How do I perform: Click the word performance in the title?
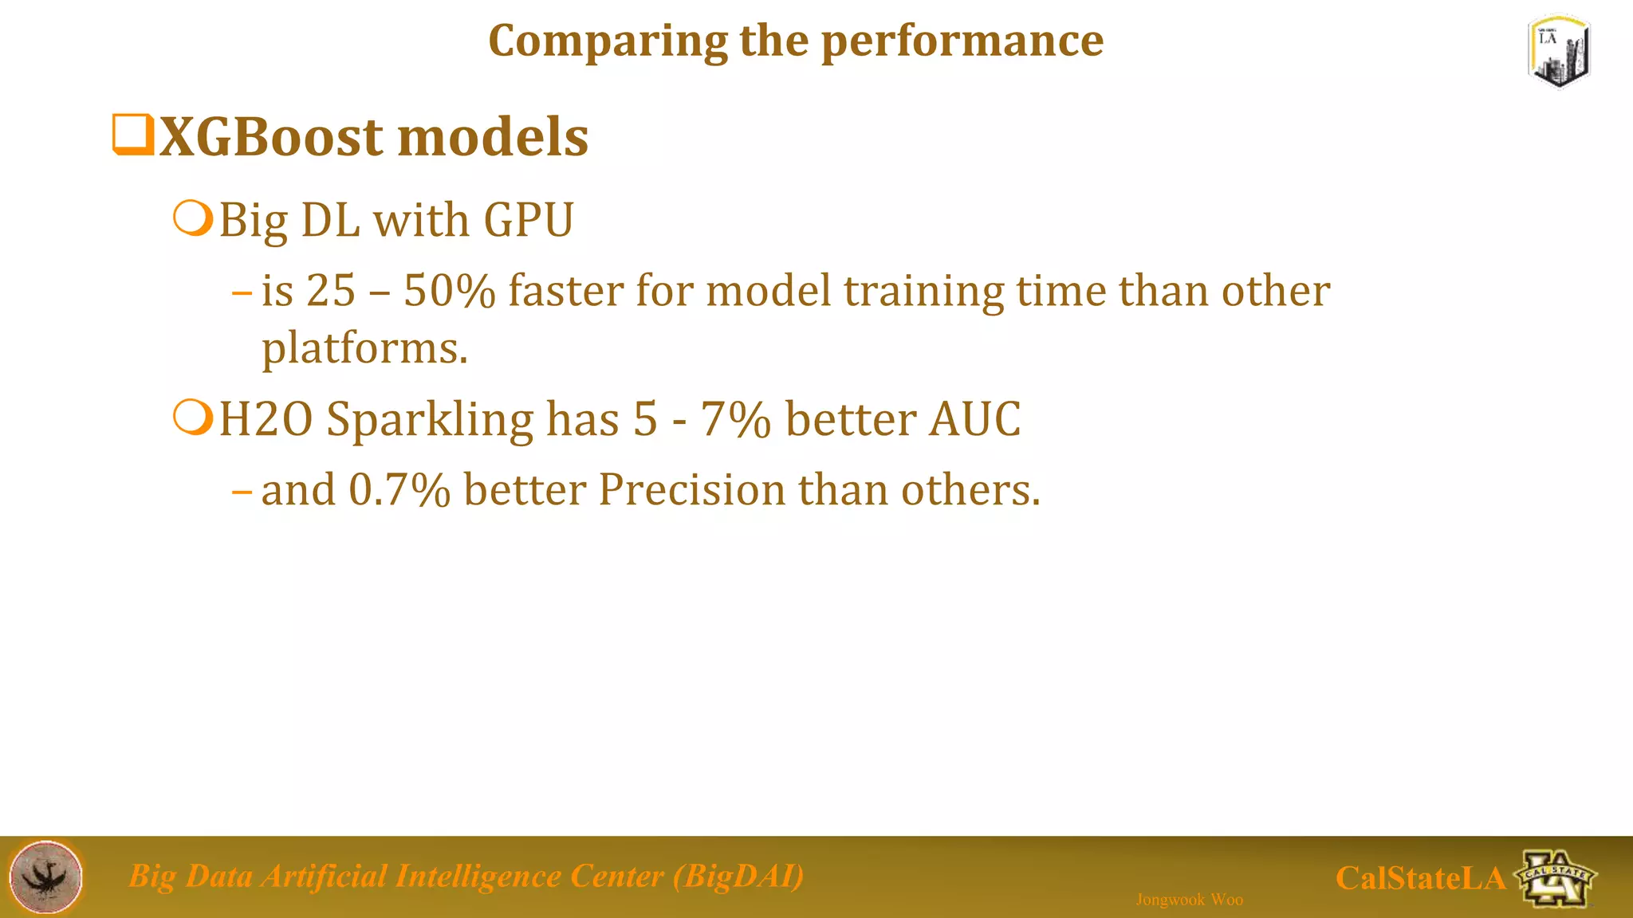click(x=962, y=41)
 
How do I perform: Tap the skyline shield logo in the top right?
click(x=1559, y=52)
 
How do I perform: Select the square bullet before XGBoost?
click(x=132, y=135)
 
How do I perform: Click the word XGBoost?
click(x=271, y=137)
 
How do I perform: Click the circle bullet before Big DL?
click(x=193, y=218)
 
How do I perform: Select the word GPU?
click(x=529, y=220)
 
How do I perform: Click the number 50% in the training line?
click(x=449, y=290)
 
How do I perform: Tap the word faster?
click(x=566, y=290)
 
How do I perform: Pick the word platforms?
click(x=364, y=348)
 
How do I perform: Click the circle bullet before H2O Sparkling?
click(x=193, y=418)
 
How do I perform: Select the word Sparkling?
click(x=430, y=420)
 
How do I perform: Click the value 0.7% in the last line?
click(x=399, y=489)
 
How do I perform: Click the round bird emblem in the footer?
click(x=46, y=877)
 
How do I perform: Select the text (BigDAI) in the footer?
click(x=738, y=876)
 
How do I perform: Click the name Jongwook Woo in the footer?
click(x=1189, y=900)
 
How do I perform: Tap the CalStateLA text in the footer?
click(x=1420, y=878)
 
